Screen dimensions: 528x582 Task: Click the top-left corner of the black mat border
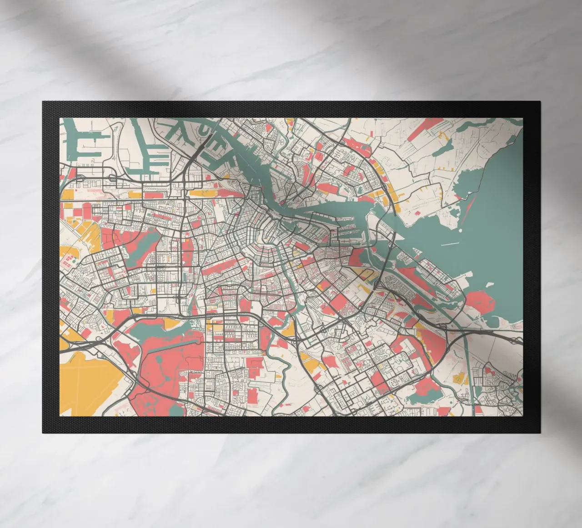tap(43, 102)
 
